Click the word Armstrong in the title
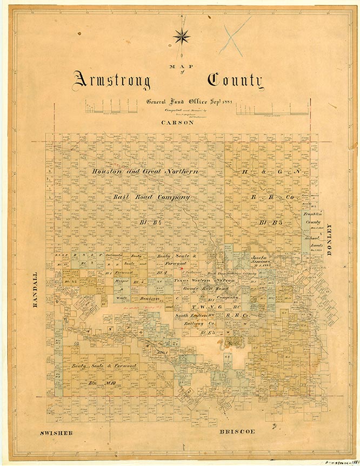tap(112, 81)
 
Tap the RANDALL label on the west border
tap(36, 292)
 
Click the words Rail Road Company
tap(151, 197)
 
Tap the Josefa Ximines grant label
tap(260, 260)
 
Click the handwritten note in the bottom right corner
tap(339, 462)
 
